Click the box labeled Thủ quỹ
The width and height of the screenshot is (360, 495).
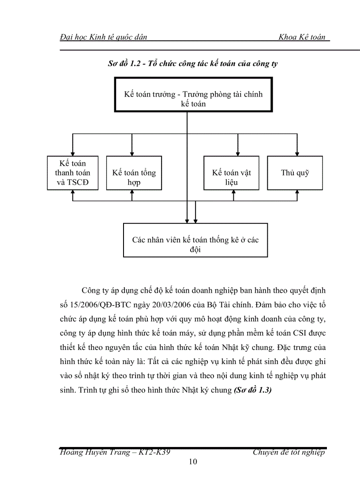coord(295,173)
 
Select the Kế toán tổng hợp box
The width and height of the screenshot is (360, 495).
coord(134,173)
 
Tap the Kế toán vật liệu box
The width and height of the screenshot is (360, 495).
coord(231,173)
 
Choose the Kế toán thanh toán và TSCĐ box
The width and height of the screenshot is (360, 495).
coord(72,173)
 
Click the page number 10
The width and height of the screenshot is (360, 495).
coord(193,462)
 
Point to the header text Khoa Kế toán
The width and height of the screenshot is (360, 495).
coord(302,37)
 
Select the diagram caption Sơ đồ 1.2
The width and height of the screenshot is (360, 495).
coord(192,64)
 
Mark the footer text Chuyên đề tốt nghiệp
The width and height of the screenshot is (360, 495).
coord(289,453)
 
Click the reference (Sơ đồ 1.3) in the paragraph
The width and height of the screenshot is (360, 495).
coord(252,390)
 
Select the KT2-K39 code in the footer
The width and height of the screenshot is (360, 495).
coord(152,453)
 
